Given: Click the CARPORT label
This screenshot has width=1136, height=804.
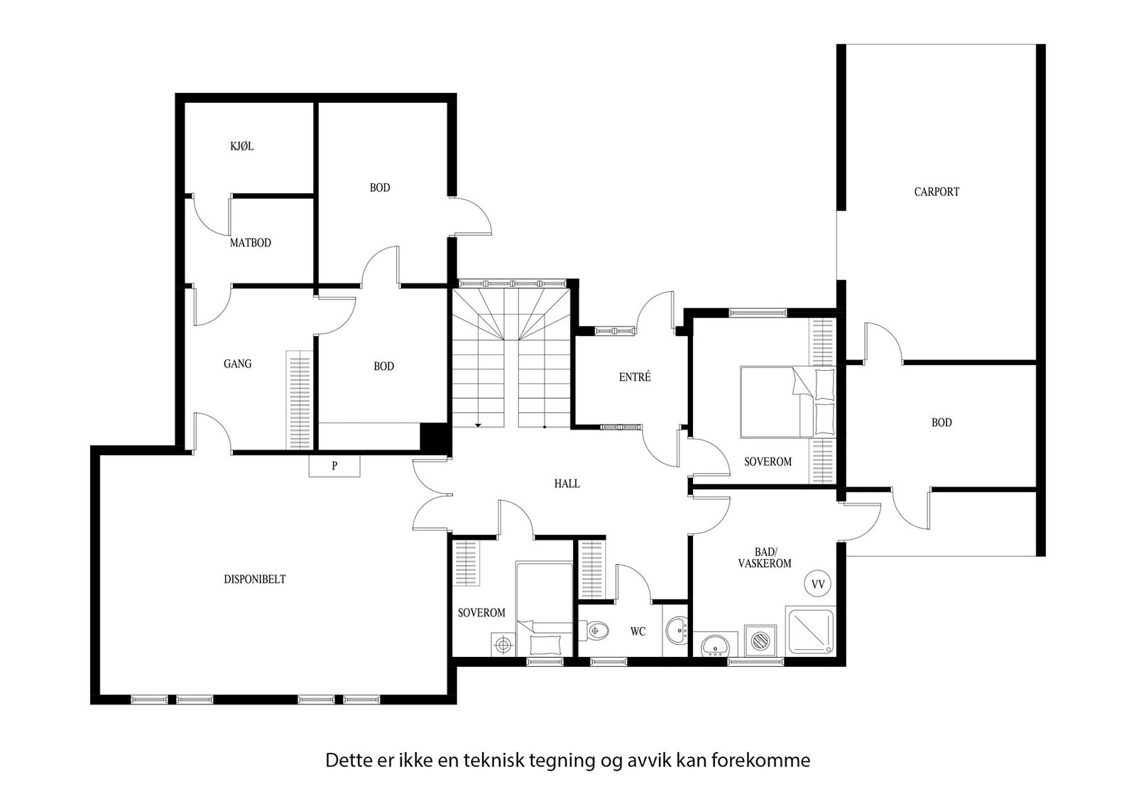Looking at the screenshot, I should [x=936, y=192].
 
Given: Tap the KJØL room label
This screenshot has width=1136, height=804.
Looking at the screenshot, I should [x=241, y=147].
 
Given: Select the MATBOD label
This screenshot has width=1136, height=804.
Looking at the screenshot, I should [x=250, y=243].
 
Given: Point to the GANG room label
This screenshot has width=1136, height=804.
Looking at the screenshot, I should [x=237, y=364].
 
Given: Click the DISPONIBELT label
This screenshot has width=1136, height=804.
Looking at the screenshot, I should [x=254, y=580].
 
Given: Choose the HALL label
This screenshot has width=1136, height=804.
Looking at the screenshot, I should [x=567, y=484].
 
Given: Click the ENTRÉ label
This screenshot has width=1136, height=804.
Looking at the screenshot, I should [x=634, y=378].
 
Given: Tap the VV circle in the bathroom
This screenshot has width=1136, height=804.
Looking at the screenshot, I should [x=817, y=584].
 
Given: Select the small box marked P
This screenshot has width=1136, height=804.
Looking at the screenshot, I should [x=334, y=467].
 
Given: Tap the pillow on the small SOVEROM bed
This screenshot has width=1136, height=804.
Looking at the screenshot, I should [x=544, y=644].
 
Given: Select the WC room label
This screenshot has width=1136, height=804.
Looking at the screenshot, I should [x=638, y=631].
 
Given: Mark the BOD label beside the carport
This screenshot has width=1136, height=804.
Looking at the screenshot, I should [x=941, y=423].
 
